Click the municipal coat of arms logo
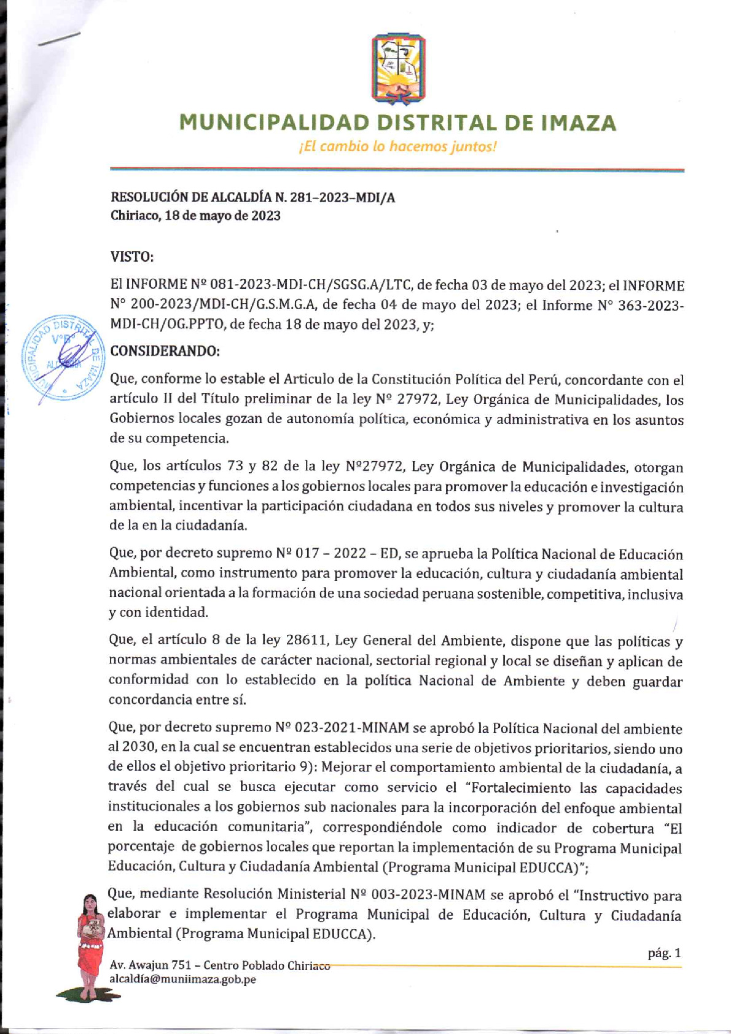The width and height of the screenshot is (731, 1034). (x=399, y=69)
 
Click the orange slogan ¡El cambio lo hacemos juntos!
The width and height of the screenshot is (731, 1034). (x=396, y=147)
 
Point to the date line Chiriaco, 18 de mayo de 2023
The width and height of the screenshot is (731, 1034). (x=195, y=216)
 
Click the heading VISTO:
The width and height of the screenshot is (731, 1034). (x=131, y=256)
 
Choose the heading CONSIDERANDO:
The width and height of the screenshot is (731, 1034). (x=164, y=351)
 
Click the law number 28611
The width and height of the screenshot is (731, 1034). (x=306, y=641)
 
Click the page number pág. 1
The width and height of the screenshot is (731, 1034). (x=664, y=954)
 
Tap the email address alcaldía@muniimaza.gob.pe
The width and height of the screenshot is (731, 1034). (x=182, y=980)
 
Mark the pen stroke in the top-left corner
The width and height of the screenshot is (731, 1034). (x=60, y=39)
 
